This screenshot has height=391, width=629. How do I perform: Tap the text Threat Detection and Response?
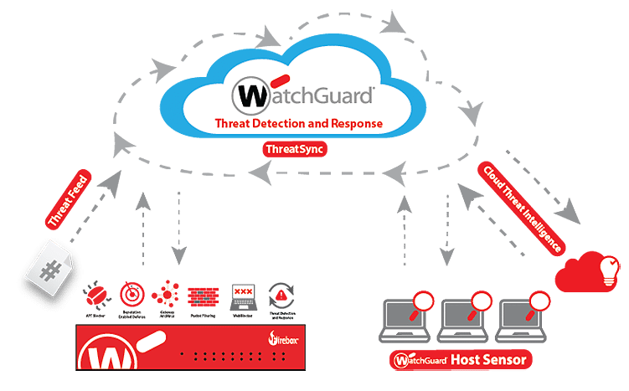[299, 124]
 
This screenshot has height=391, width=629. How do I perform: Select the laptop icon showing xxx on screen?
[242, 295]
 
